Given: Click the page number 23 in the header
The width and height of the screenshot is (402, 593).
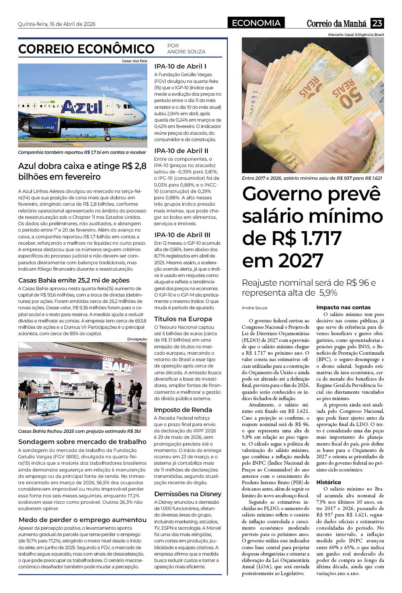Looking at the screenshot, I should tap(377, 23).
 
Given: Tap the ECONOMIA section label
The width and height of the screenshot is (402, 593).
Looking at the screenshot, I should tap(256, 23).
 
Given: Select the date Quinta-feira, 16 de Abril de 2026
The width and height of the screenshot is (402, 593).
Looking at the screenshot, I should tap(57, 24).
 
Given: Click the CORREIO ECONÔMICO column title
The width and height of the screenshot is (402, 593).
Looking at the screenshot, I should tap(86, 49).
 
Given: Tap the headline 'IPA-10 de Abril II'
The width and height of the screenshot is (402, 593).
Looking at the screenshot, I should tap(181, 151).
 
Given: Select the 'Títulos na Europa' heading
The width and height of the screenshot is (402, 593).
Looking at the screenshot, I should tap(183, 319).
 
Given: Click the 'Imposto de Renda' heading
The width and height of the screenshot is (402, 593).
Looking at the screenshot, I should tap(183, 410).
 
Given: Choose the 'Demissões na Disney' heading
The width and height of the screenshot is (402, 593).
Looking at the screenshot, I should tap(188, 494).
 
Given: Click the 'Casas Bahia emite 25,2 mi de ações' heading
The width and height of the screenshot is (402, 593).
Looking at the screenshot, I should tap(74, 280).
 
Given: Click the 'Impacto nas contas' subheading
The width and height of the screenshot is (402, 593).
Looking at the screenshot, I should tap(343, 307).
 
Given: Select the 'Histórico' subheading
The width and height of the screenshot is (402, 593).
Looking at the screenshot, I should tap(329, 482).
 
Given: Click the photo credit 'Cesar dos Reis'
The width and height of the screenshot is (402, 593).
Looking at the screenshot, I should tap(134, 61).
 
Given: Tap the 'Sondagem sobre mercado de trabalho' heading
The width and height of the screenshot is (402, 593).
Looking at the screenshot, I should tap(82, 442).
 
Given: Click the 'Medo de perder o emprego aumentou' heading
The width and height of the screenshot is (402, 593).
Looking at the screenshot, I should tap(82, 520).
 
